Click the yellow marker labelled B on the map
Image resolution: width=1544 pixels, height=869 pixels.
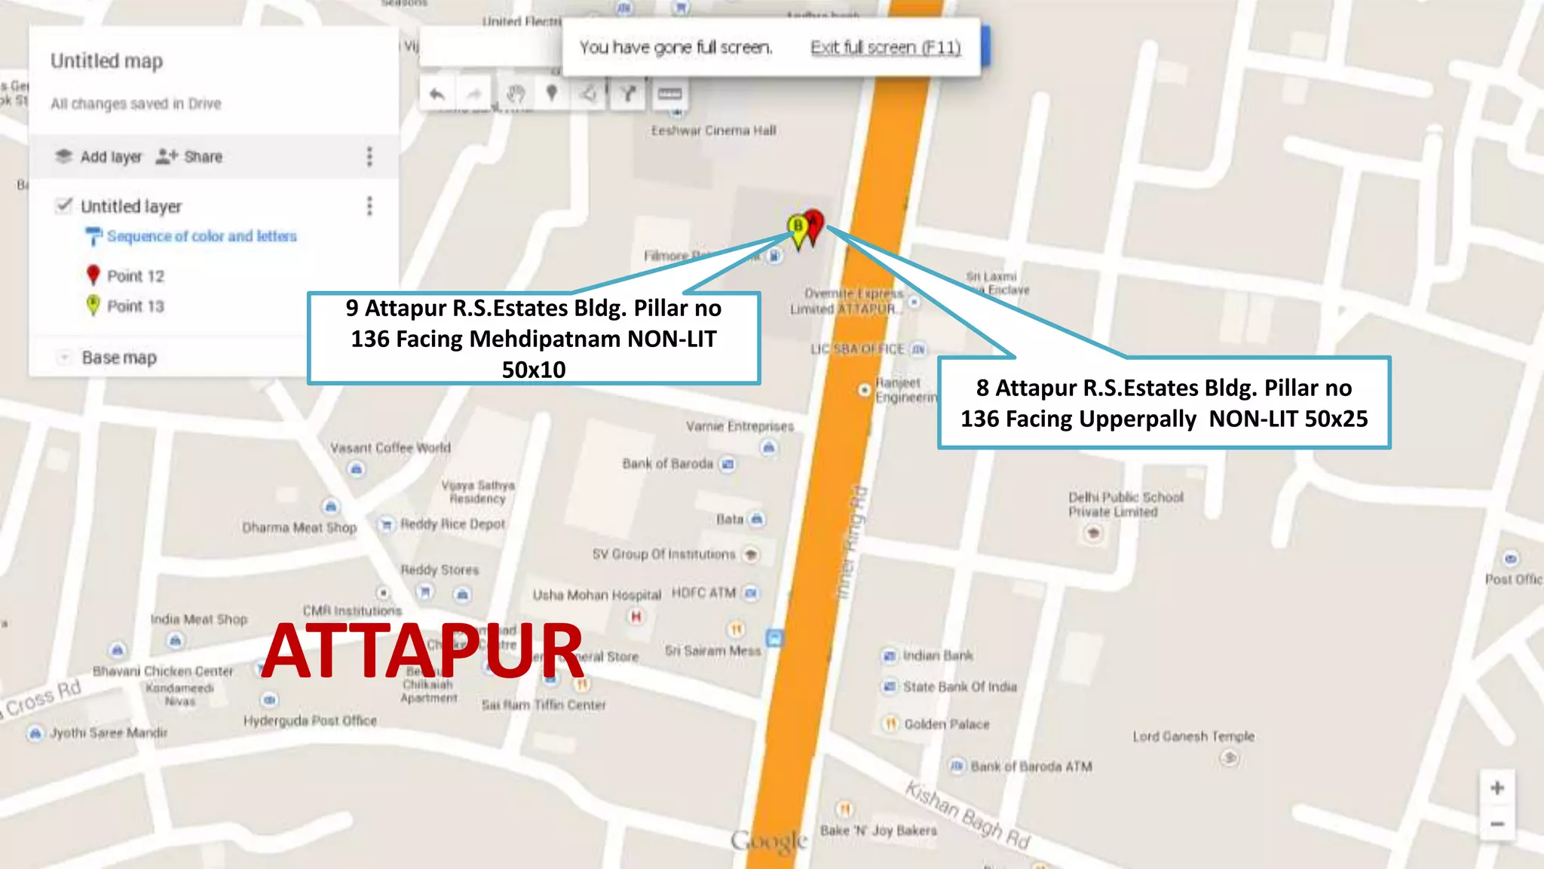(798, 226)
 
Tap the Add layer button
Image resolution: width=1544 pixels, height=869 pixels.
(100, 157)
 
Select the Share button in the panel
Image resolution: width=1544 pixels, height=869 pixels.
(190, 157)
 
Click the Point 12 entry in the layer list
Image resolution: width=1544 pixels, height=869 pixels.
(134, 276)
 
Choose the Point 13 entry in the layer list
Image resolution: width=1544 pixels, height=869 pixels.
(134, 306)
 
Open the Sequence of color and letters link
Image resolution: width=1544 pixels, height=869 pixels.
(201, 236)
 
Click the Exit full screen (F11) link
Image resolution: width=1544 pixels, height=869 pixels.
(885, 48)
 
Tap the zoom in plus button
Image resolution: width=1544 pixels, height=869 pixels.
(1497, 788)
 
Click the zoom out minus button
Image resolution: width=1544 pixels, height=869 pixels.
(1497, 824)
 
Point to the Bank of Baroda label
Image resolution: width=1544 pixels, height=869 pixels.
(667, 464)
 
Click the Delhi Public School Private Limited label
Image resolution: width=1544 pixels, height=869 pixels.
(1125, 505)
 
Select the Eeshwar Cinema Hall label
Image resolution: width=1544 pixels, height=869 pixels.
(713, 131)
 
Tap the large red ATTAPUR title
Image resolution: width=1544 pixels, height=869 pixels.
(422, 650)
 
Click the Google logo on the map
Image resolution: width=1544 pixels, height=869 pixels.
(769, 840)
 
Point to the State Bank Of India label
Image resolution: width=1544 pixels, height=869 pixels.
(959, 687)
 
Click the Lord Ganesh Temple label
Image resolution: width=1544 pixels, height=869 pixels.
(1193, 736)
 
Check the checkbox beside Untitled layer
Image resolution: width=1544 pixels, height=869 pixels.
(65, 205)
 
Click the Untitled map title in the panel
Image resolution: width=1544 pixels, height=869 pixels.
(106, 61)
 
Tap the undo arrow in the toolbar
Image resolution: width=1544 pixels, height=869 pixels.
(437, 94)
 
